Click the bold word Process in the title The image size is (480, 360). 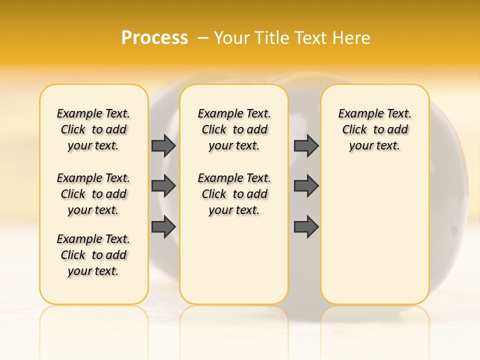pyautogui.click(x=154, y=38)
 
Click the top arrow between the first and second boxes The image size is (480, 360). pyautogui.click(x=163, y=145)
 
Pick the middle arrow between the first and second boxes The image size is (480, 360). pyautogui.click(x=163, y=186)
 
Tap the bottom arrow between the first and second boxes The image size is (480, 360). pyautogui.click(x=163, y=226)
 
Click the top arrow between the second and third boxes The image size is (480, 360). pyautogui.click(x=306, y=145)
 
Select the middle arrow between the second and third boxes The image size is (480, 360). pyautogui.click(x=306, y=186)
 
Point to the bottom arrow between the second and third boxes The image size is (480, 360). pyautogui.click(x=306, y=226)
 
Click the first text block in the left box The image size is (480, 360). pyautogui.click(x=93, y=129)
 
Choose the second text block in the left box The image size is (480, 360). pyautogui.click(x=93, y=194)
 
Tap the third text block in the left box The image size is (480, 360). pyautogui.click(x=93, y=255)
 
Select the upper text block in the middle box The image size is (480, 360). pyautogui.click(x=234, y=129)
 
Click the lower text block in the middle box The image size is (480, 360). pyautogui.click(x=234, y=194)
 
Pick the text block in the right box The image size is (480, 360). pyautogui.click(x=374, y=129)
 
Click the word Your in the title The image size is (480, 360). pyautogui.click(x=232, y=38)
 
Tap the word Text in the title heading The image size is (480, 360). pyautogui.click(x=310, y=38)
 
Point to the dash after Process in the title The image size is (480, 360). pyautogui.click(x=203, y=38)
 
